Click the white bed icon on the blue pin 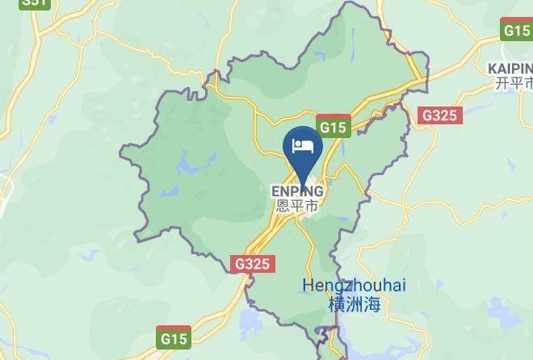click(x=303, y=146)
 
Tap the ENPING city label click(x=297, y=191)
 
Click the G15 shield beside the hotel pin click(x=333, y=128)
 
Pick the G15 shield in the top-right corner click(x=516, y=31)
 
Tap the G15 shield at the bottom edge click(x=173, y=337)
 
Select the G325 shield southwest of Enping click(x=254, y=264)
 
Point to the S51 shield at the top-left click(x=34, y=2)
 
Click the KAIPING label click(x=511, y=69)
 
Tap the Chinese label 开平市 click(x=514, y=83)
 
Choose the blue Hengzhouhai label click(x=354, y=286)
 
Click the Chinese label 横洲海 click(x=354, y=304)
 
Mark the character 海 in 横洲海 click(x=371, y=304)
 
